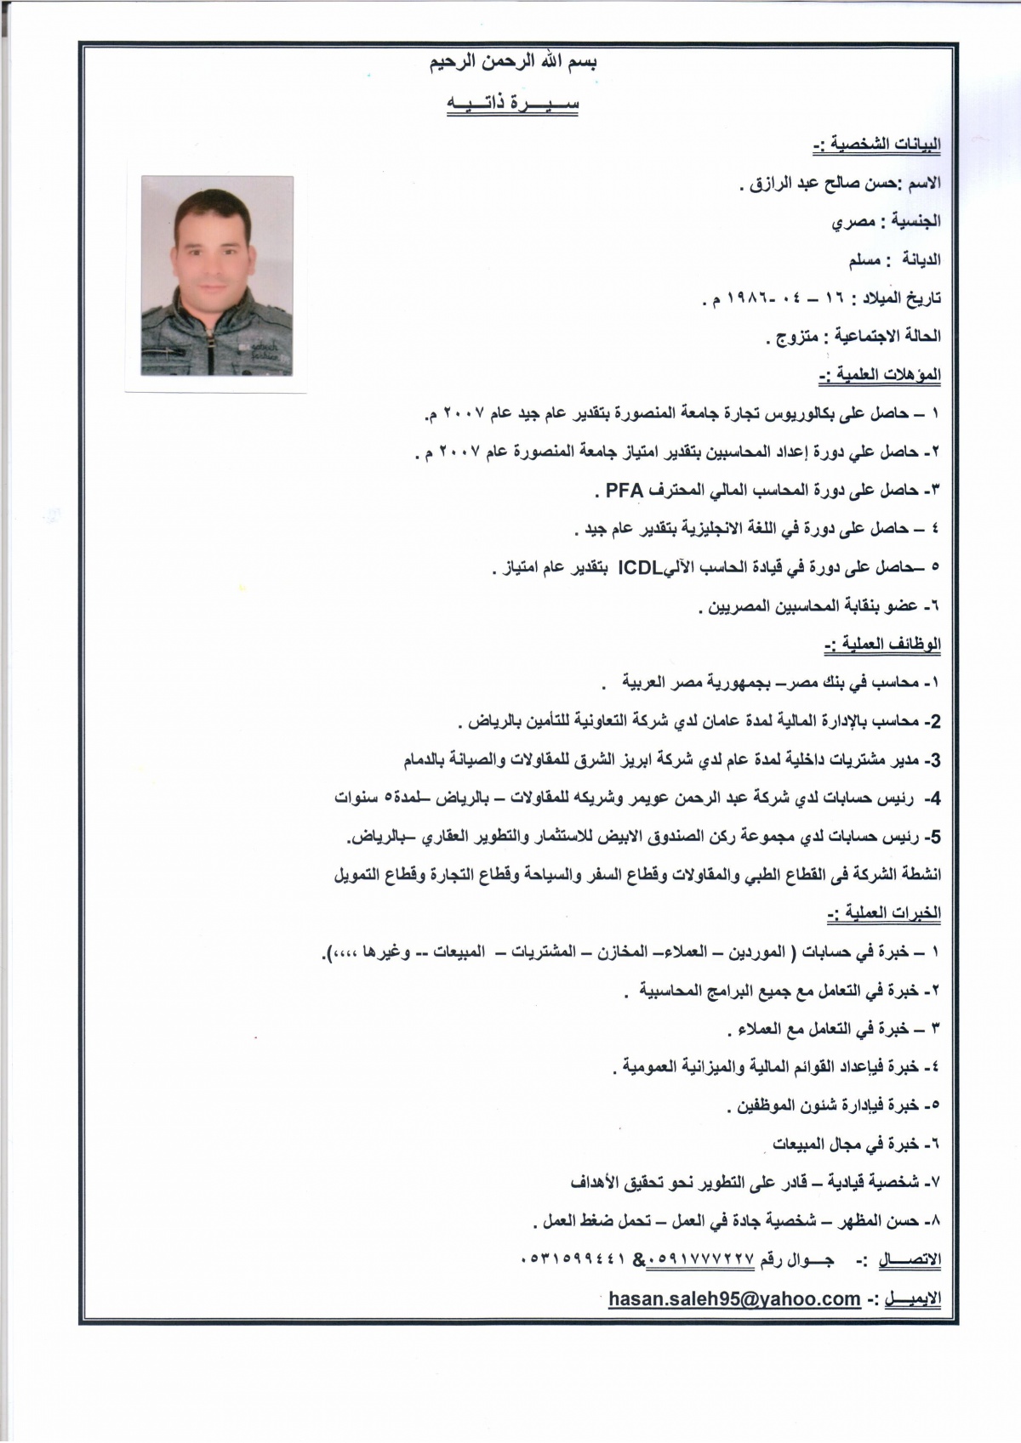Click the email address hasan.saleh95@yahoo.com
[x=734, y=1298]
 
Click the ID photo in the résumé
[x=216, y=276]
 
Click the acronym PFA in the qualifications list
[x=624, y=490]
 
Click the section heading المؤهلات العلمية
[x=880, y=375]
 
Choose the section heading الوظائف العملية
[x=882, y=645]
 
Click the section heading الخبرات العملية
[x=883, y=914]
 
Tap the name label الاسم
[x=926, y=183]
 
